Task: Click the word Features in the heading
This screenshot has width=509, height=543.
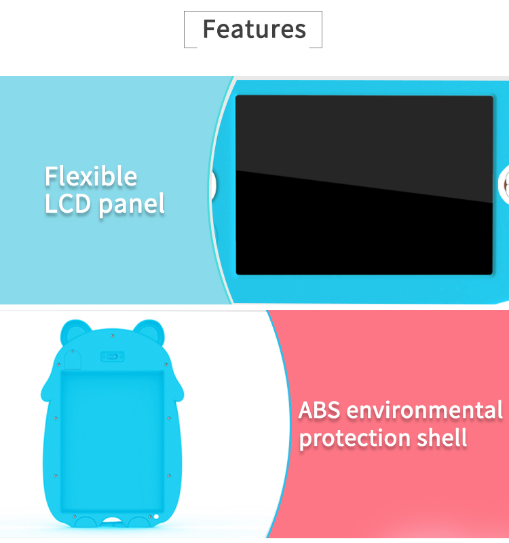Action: click(x=254, y=29)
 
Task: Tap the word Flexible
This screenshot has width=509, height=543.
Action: click(x=91, y=176)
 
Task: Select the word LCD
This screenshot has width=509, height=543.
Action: click(x=68, y=204)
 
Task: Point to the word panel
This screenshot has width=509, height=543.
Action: click(x=132, y=206)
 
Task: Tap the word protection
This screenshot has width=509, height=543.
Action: click(x=354, y=439)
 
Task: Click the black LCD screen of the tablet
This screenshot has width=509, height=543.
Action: click(x=364, y=185)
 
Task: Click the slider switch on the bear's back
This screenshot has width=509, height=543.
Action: click(x=112, y=357)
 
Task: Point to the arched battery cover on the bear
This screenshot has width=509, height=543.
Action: click(x=73, y=360)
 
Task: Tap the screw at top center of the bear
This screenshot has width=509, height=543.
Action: click(x=112, y=336)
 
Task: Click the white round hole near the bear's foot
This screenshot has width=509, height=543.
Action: click(x=156, y=516)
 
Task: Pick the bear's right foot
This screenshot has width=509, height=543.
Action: click(x=139, y=522)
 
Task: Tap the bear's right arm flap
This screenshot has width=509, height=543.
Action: click(x=177, y=389)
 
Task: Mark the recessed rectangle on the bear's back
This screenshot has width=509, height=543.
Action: click(x=113, y=442)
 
